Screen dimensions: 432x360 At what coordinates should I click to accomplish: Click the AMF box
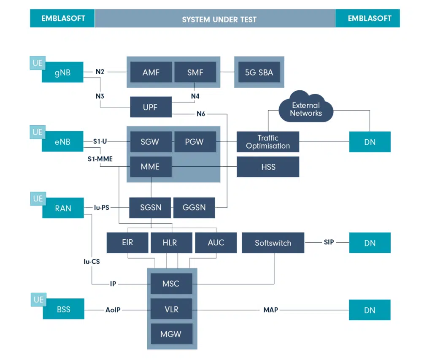click(151, 72)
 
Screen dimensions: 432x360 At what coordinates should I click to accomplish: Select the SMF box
click(195, 72)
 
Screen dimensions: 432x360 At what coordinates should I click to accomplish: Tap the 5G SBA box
click(259, 72)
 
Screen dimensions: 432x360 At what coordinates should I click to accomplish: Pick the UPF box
click(151, 107)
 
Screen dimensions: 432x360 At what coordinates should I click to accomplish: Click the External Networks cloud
click(306, 108)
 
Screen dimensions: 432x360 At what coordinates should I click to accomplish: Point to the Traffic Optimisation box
click(268, 142)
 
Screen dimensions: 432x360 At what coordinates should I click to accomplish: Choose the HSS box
click(268, 167)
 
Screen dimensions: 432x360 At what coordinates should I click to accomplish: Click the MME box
click(151, 167)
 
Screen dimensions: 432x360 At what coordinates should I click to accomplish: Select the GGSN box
click(194, 208)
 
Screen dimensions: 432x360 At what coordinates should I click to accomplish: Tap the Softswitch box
click(273, 243)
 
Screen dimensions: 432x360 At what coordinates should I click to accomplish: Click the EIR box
click(127, 243)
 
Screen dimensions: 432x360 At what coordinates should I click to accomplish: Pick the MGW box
click(171, 334)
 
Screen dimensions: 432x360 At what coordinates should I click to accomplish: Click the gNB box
click(62, 72)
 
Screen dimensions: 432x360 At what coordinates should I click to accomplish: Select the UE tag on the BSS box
click(38, 300)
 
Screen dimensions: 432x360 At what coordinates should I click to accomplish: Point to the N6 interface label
click(201, 114)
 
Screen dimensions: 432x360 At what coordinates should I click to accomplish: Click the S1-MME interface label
click(100, 159)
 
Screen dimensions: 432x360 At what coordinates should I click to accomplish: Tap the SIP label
click(329, 242)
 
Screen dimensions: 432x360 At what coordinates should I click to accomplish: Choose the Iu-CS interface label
click(92, 262)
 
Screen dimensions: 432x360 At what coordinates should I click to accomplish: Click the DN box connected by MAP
click(370, 310)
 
